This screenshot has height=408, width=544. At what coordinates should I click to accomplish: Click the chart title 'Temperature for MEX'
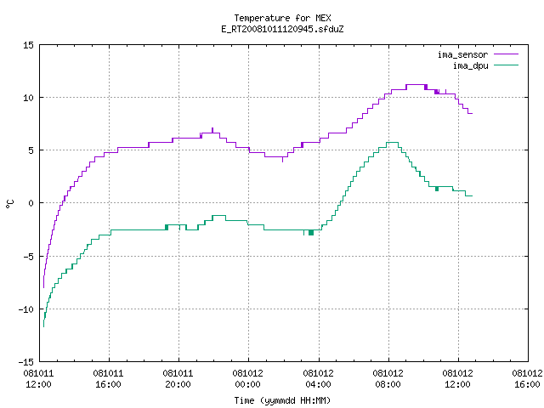(x=282, y=18)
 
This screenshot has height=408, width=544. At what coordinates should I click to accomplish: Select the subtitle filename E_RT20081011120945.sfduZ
(x=282, y=29)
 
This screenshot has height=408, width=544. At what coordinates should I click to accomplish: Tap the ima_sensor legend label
(x=462, y=54)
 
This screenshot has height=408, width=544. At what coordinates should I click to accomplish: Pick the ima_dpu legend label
(x=470, y=65)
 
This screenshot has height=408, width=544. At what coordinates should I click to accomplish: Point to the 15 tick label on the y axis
(x=28, y=45)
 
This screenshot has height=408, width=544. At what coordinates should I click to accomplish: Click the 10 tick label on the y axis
(x=28, y=98)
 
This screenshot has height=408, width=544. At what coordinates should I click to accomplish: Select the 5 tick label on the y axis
(x=31, y=150)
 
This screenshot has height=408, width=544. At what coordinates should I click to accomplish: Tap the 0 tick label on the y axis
(x=31, y=203)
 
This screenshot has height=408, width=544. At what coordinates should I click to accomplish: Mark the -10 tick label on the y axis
(x=25, y=309)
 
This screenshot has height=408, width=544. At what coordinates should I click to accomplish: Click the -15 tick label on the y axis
(x=25, y=362)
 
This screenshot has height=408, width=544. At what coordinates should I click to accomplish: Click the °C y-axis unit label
(x=9, y=204)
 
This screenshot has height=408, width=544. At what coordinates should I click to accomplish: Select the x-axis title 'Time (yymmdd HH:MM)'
(x=282, y=400)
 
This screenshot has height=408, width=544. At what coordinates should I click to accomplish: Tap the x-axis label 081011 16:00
(x=108, y=379)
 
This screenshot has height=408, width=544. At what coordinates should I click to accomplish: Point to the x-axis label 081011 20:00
(x=178, y=379)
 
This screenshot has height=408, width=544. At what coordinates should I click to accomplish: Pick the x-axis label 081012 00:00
(x=247, y=379)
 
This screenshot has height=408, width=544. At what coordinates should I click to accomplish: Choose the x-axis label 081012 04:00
(x=318, y=379)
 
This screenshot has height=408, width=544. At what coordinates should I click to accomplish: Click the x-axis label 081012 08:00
(x=388, y=379)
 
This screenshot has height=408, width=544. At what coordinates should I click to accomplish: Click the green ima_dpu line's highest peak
(x=392, y=142)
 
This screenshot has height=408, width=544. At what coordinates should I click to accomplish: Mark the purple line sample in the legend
(x=507, y=54)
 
